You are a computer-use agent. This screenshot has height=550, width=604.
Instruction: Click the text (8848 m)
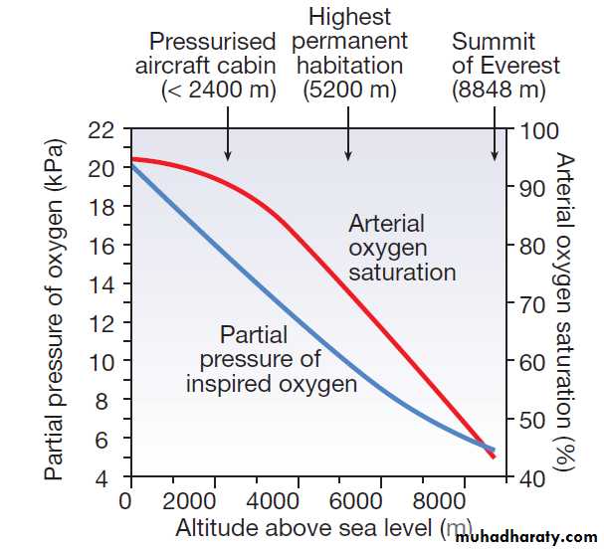[499, 91]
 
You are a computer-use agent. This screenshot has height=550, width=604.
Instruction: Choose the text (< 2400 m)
[218, 91]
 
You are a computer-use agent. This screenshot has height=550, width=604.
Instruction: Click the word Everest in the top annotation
[517, 67]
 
